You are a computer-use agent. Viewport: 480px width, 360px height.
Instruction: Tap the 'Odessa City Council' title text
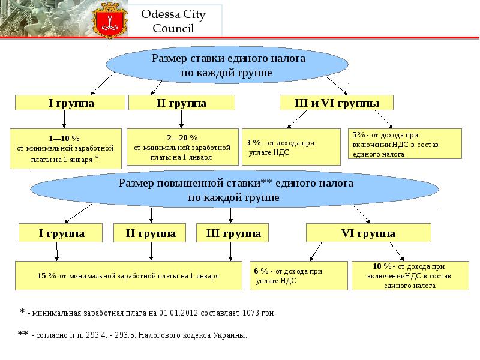tap(173, 22)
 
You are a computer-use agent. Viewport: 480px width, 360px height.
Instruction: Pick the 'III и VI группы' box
tap(337, 103)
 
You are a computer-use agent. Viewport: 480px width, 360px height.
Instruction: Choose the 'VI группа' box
tap(368, 233)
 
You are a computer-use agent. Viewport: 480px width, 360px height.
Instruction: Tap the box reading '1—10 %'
tap(66, 148)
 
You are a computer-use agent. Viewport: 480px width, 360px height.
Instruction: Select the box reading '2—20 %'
tap(182, 148)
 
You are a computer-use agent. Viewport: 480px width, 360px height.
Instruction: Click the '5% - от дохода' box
tap(405, 144)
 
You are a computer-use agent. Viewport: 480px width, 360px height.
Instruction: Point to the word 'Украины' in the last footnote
tap(232, 335)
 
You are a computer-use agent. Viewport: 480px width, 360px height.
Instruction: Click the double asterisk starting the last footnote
tap(23, 334)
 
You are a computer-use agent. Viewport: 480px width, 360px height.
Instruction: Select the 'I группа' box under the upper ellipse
tap(71, 103)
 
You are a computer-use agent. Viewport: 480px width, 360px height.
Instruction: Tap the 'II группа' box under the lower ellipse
tap(151, 233)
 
